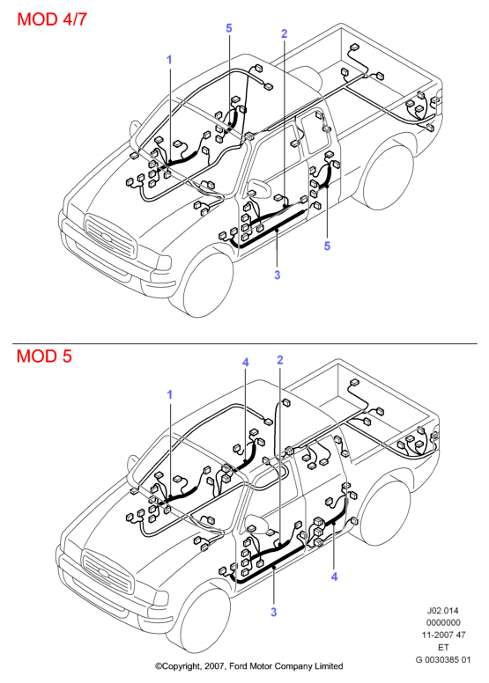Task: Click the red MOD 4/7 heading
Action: click(52, 19)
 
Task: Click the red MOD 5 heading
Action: click(44, 356)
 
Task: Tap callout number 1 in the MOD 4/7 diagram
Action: click(170, 60)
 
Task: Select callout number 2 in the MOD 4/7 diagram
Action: click(285, 33)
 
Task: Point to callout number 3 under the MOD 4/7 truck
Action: click(277, 275)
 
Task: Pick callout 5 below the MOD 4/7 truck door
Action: click(327, 246)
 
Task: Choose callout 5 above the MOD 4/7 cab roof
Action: click(229, 28)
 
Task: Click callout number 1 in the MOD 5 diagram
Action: click(170, 394)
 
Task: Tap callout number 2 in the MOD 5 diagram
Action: click(280, 360)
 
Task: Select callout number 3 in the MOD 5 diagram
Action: click(273, 612)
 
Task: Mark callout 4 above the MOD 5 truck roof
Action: click(246, 363)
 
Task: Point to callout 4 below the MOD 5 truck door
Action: click(334, 577)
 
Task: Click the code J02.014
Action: click(443, 611)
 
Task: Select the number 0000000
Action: click(443, 623)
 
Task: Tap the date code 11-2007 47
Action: click(443, 635)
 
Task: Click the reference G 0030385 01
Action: click(443, 659)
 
